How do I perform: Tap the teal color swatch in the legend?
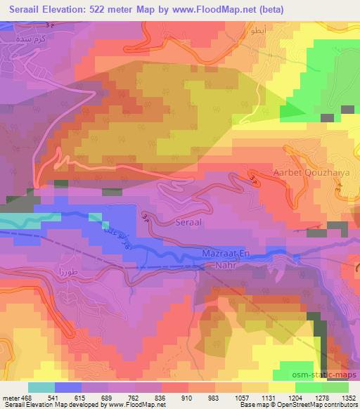click(41, 387)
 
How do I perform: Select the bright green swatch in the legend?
click(309, 387)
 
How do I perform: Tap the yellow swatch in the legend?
click(282, 387)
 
